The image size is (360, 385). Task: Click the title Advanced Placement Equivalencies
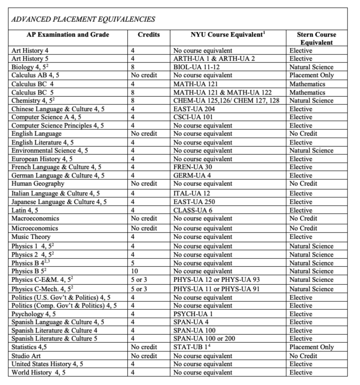coord(83,19)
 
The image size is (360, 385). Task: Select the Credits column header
coord(148,35)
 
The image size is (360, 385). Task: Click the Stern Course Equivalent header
coord(316,38)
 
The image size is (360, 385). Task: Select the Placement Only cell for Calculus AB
coord(311,75)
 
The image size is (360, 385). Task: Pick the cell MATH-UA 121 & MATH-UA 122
coord(222,93)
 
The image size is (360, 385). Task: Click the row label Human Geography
coord(38,184)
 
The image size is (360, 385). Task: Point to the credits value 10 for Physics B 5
coord(135,271)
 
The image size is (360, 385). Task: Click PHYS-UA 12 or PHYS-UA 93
coord(216,280)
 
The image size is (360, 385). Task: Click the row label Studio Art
coord(26,356)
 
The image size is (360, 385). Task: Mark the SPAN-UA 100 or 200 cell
coord(204,339)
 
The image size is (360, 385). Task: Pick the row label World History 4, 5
coord(38,372)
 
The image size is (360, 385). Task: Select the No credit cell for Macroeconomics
coord(144,218)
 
